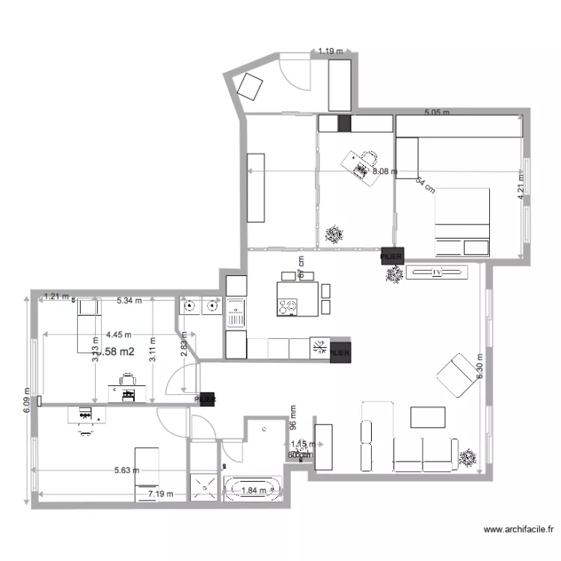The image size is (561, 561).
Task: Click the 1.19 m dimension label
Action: pyautogui.click(x=330, y=52)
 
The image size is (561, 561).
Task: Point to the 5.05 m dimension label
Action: pyautogui.click(x=438, y=113)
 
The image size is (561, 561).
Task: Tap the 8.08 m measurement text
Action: pyautogui.click(x=385, y=171)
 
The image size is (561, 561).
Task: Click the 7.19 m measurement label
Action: pyautogui.click(x=160, y=494)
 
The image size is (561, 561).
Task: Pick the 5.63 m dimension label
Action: pyautogui.click(x=126, y=470)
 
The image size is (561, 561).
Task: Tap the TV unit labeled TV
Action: pyautogui.click(x=438, y=272)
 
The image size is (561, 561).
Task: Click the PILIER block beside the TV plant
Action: pyautogui.click(x=391, y=256)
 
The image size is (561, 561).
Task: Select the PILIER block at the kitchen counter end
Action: pyautogui.click(x=340, y=350)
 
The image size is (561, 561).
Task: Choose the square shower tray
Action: pyautogui.click(x=202, y=487)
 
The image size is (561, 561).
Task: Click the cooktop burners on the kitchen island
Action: pyautogui.click(x=287, y=306)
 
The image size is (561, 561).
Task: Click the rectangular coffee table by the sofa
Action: pyautogui.click(x=427, y=417)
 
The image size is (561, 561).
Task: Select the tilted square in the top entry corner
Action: pyautogui.click(x=248, y=89)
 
